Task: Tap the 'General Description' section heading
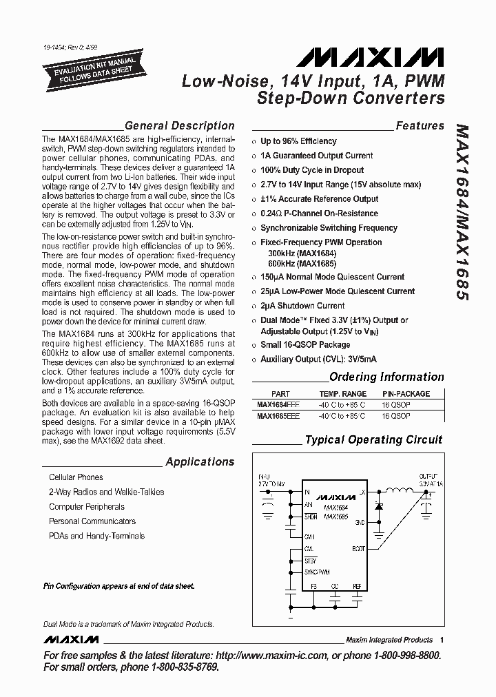pos(179,126)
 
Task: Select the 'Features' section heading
pos(420,126)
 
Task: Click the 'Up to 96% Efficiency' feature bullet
pos(298,141)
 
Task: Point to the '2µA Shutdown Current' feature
pos(302,306)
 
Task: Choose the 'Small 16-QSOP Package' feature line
pos(304,344)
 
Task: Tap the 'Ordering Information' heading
pos(386,377)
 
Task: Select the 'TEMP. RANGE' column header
pos(342,394)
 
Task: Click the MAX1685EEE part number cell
pos(278,416)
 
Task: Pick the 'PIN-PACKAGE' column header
pos(406,394)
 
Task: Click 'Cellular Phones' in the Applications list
pos(76,477)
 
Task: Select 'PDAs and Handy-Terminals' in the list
pos(96,536)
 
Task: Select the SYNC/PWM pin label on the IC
pos(317,572)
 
